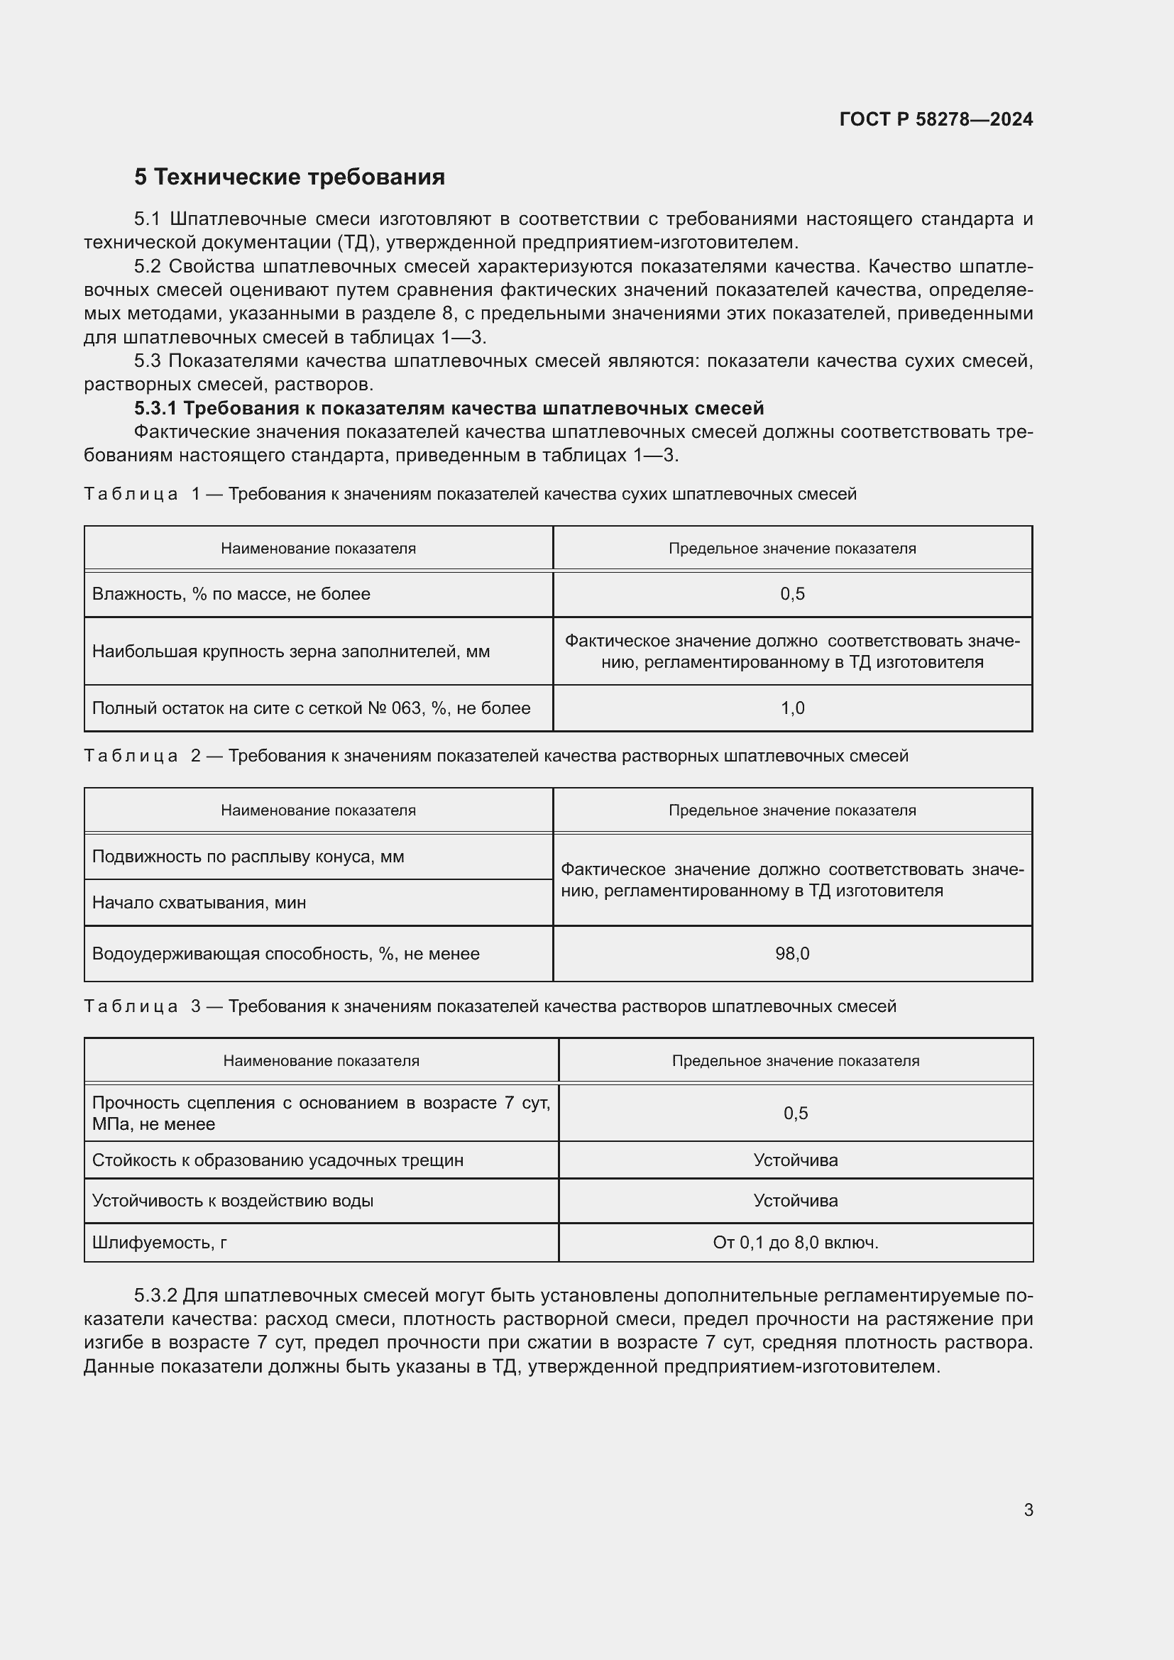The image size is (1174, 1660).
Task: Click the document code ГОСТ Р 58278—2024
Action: (936, 119)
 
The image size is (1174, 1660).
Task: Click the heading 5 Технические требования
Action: (289, 177)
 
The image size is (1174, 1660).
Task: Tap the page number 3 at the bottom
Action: (1028, 1510)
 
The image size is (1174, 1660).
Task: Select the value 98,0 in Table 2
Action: (791, 954)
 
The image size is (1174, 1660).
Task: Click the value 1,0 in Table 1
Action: (791, 708)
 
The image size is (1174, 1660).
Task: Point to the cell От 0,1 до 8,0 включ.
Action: (795, 1242)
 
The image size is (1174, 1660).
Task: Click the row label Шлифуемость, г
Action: (159, 1242)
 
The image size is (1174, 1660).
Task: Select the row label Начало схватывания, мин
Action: (199, 902)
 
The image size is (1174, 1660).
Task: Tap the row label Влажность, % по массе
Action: (231, 593)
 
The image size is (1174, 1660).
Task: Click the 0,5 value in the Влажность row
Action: (791, 593)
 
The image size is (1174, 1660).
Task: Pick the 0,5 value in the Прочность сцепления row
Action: (795, 1113)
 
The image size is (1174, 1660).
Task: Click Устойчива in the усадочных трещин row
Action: (795, 1160)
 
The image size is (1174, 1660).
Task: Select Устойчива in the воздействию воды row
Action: (795, 1200)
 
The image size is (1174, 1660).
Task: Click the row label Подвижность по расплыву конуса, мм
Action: (248, 856)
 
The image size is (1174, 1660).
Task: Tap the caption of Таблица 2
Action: (496, 756)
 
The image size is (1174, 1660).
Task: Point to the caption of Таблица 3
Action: (490, 1006)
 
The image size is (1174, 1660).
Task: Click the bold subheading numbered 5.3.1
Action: (448, 409)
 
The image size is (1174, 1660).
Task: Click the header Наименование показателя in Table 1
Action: (318, 548)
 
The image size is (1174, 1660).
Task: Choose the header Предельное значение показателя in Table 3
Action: (795, 1060)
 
